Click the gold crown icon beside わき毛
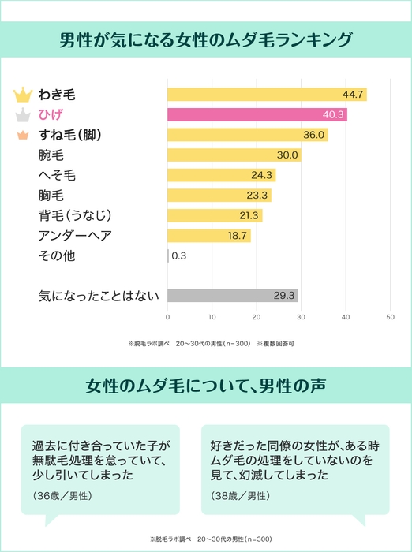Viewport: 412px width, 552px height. pos(22,95)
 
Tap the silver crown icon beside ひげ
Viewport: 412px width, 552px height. pos(22,115)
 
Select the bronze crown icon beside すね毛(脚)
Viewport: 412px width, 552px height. pos(22,136)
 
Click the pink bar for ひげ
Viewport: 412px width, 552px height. pos(257,115)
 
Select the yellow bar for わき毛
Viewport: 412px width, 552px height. pos(266,95)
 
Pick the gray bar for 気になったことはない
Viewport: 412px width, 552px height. pos(232,296)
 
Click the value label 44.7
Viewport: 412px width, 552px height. pos(353,95)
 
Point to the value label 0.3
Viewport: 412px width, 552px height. pos(178,255)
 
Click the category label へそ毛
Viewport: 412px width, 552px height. pos(57,175)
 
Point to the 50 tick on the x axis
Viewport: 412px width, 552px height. pos(390,317)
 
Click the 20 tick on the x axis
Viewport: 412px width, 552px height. pos(257,317)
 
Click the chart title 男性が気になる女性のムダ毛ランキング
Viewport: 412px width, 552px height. pos(206,39)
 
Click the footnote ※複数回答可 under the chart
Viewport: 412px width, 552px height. pos(275,344)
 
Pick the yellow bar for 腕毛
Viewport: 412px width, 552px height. pos(234,155)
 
